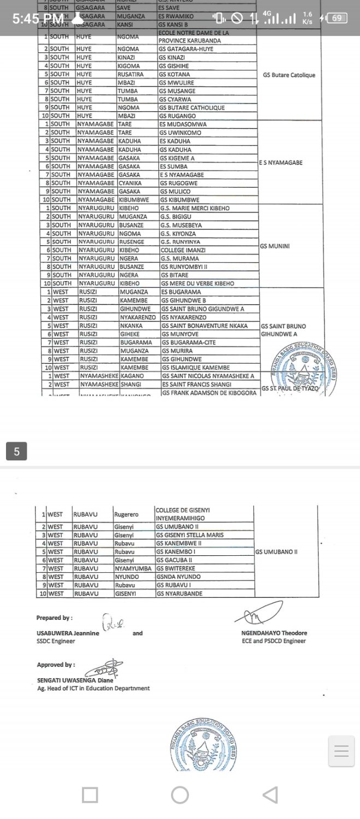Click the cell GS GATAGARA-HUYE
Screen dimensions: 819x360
coord(186,49)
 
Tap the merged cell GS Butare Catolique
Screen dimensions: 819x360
coord(289,75)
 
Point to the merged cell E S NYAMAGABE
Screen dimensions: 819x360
coord(280,163)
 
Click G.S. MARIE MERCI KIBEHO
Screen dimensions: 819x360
coord(194,209)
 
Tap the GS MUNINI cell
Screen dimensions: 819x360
coord(275,246)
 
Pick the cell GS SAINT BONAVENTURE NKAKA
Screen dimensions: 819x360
coord(204,326)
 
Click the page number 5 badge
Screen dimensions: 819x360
coord(16,452)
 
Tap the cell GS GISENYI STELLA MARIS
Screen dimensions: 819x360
coord(190,535)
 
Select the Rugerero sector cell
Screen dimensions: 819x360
coord(126,514)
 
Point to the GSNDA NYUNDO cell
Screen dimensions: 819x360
coord(178,577)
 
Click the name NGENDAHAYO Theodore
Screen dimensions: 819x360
coord(274,633)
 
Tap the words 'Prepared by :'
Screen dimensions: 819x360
coord(54,618)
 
